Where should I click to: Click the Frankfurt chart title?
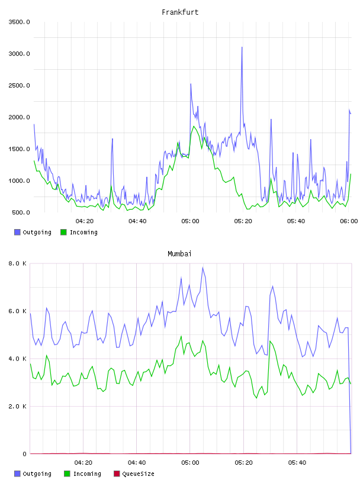[x=180, y=12]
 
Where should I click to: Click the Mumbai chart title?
[x=179, y=254]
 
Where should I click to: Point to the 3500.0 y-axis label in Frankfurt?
[x=19, y=22]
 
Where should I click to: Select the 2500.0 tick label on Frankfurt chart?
[x=19, y=85]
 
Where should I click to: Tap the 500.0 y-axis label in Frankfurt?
[x=21, y=212]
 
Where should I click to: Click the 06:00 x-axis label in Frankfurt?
[x=349, y=221]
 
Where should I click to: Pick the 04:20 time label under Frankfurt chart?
[x=85, y=221]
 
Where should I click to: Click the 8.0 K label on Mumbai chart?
[x=17, y=263]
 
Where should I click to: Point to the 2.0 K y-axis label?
[x=17, y=406]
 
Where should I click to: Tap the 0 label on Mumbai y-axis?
[x=24, y=454]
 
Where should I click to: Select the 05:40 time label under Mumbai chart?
[x=297, y=463]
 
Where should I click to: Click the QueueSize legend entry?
[x=134, y=474]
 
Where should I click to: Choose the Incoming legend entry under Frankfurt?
[x=79, y=232]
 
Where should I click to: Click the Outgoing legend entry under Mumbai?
[x=33, y=474]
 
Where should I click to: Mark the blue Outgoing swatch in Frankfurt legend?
[x=17, y=232]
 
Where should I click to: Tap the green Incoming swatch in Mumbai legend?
[x=67, y=474]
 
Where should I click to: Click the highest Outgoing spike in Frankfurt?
[x=242, y=47]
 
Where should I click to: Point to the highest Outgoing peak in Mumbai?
[x=202, y=268]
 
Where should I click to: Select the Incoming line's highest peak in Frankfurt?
[x=194, y=126]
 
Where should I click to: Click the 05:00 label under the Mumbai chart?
[x=190, y=463]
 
